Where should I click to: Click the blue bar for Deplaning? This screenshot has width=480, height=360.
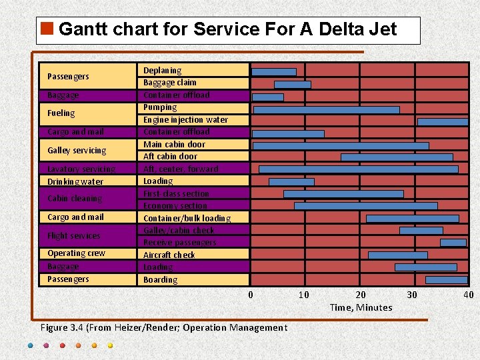(x=274, y=72)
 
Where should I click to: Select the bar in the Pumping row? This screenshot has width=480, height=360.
(x=327, y=109)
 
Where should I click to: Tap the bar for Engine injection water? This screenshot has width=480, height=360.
(x=443, y=122)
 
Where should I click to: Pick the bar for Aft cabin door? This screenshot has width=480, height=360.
(x=397, y=157)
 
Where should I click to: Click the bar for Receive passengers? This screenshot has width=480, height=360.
(x=453, y=243)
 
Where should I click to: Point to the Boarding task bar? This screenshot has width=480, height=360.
(x=446, y=280)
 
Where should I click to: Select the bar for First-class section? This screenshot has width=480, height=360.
(x=343, y=194)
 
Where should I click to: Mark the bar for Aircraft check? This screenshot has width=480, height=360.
(x=398, y=255)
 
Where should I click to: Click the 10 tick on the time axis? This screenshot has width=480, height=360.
(x=303, y=295)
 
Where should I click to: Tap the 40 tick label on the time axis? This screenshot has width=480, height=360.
(x=469, y=295)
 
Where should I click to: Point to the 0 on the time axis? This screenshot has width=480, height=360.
(x=251, y=295)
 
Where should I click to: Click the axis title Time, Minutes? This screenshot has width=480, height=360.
(x=361, y=307)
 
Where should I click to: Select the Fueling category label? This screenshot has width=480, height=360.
(x=61, y=113)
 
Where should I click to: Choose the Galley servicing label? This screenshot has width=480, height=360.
(x=77, y=151)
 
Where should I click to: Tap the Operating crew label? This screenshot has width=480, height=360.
(x=76, y=253)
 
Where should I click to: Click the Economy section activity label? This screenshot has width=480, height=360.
(x=175, y=206)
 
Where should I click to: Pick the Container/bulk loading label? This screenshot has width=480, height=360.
(x=187, y=219)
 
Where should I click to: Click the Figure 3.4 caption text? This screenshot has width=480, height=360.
(x=164, y=327)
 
